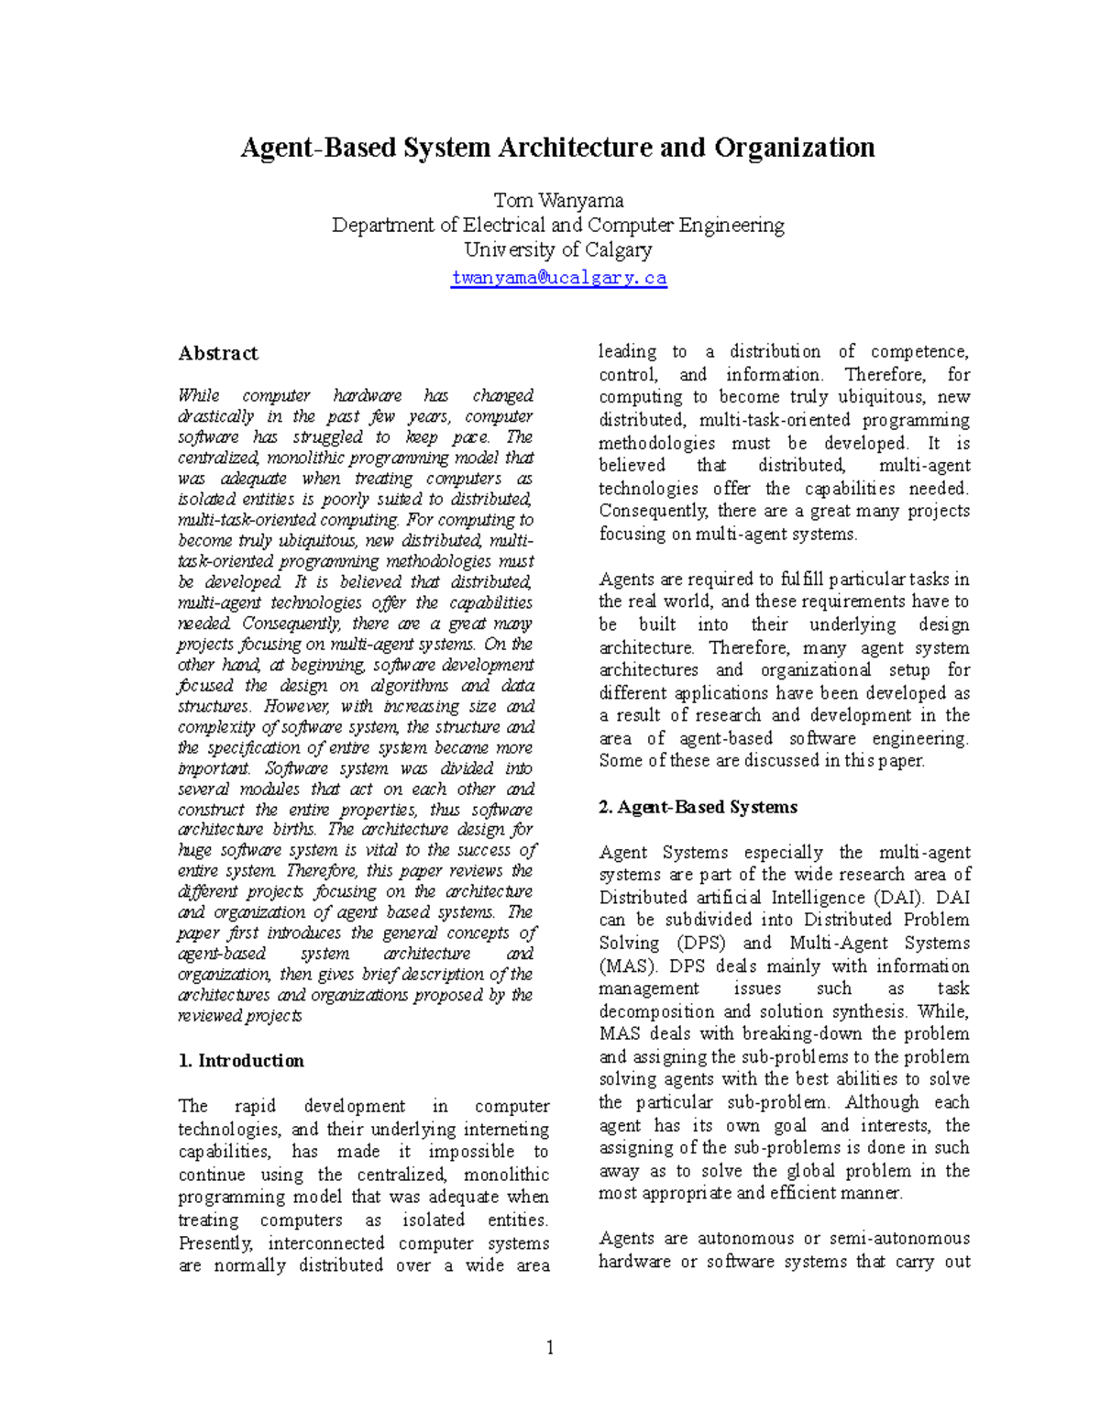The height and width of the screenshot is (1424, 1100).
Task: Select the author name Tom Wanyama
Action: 558,200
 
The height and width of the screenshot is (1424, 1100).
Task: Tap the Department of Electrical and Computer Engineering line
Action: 558,225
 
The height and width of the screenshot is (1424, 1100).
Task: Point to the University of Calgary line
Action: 558,249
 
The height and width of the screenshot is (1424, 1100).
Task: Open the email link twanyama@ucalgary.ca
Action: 558,278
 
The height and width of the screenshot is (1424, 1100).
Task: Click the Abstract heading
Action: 218,353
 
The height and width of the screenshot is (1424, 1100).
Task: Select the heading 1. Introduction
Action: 241,1061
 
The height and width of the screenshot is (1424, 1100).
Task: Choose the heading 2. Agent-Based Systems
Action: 698,807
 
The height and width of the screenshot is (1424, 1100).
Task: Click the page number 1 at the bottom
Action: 550,1347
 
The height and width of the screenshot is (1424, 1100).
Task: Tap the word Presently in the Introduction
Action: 215,1243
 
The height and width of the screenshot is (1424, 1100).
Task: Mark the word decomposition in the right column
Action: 657,1011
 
